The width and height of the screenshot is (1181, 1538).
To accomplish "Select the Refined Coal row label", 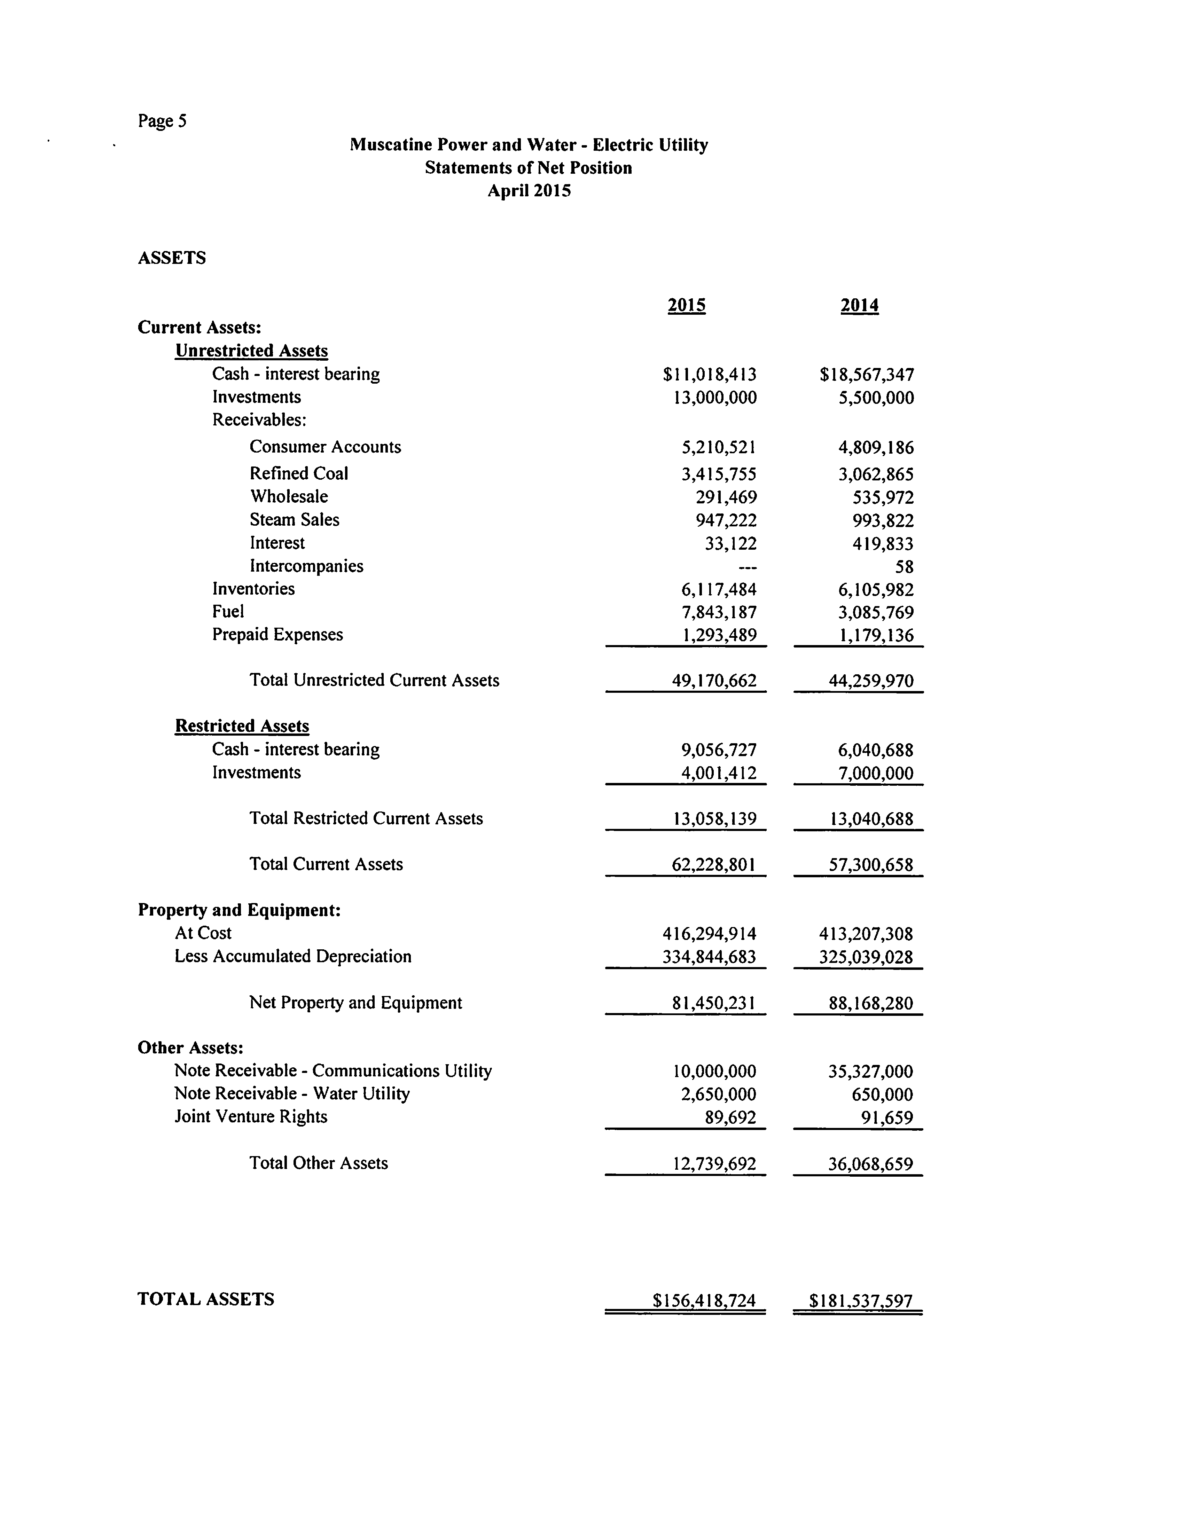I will [x=299, y=474].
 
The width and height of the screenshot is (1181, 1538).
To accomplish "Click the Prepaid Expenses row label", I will [x=278, y=635].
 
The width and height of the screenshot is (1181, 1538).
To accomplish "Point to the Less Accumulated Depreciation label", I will [x=293, y=957].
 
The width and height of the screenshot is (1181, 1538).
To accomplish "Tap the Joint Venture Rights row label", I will [x=251, y=1117].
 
